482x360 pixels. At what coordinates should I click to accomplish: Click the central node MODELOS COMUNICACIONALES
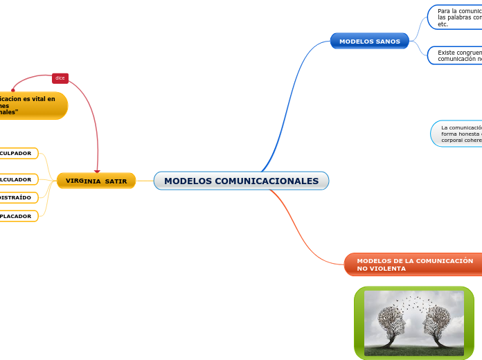(x=241, y=181)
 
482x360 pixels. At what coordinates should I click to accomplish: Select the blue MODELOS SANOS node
(x=369, y=42)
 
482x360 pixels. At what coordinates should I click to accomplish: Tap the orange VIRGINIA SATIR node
(x=96, y=181)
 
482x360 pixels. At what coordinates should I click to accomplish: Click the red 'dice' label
(x=60, y=78)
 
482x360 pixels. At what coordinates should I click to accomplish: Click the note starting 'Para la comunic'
(x=456, y=17)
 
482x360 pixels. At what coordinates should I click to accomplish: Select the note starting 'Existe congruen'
(x=457, y=55)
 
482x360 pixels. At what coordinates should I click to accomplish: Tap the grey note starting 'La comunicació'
(x=458, y=134)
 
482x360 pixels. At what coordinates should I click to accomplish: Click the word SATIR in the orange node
(x=116, y=181)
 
